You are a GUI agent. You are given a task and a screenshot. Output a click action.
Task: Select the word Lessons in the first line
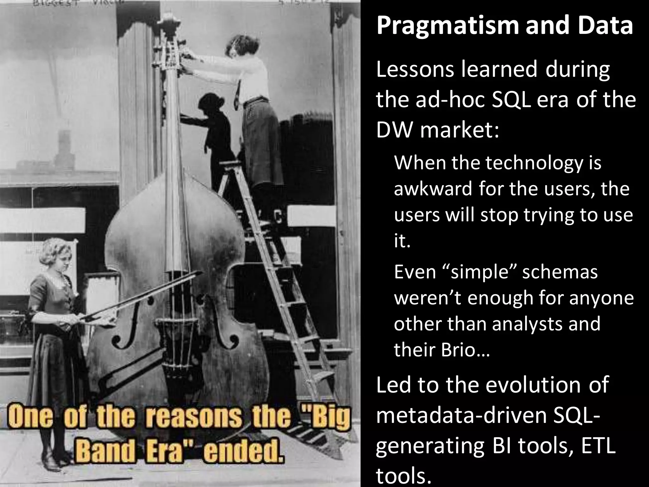[x=415, y=70]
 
